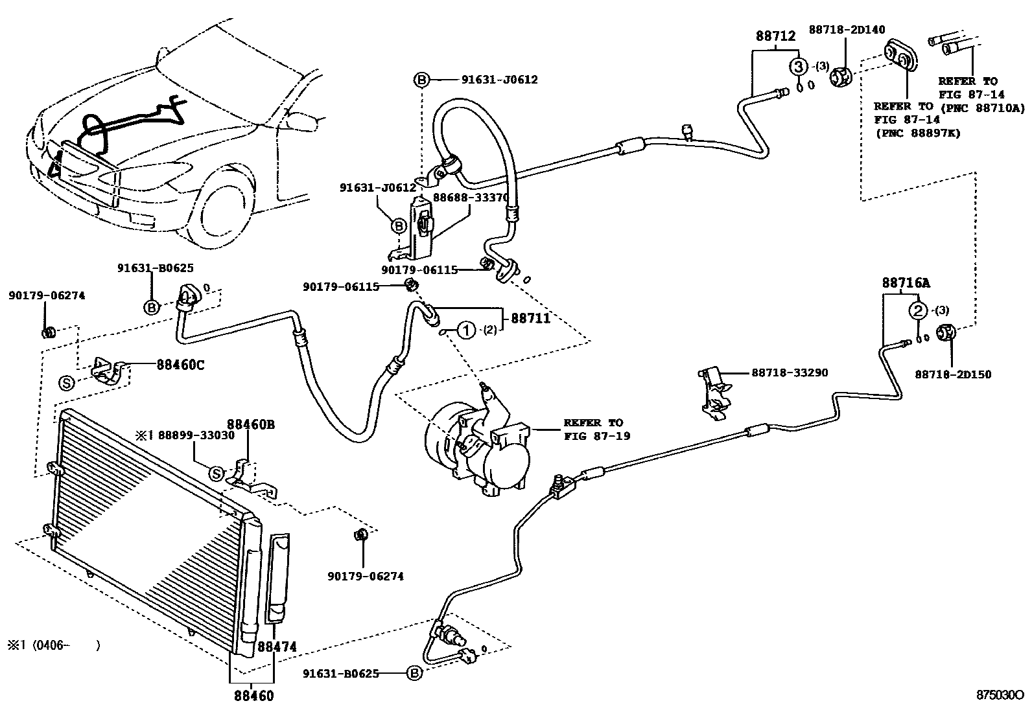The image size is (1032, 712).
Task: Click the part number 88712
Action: click(775, 36)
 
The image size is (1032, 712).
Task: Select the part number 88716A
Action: click(905, 283)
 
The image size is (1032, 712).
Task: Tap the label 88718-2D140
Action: click(847, 29)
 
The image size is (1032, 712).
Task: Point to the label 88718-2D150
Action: click(953, 374)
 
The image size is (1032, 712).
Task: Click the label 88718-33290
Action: click(790, 373)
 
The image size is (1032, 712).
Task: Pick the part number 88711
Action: click(530, 318)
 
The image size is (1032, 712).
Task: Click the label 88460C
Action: click(180, 365)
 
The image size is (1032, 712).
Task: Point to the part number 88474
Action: click(277, 647)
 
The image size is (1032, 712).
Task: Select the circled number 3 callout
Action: click(799, 66)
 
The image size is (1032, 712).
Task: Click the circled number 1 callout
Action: click(467, 330)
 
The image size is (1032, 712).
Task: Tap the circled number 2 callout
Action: click(918, 311)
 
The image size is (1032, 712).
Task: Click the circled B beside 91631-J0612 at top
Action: click(421, 80)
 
